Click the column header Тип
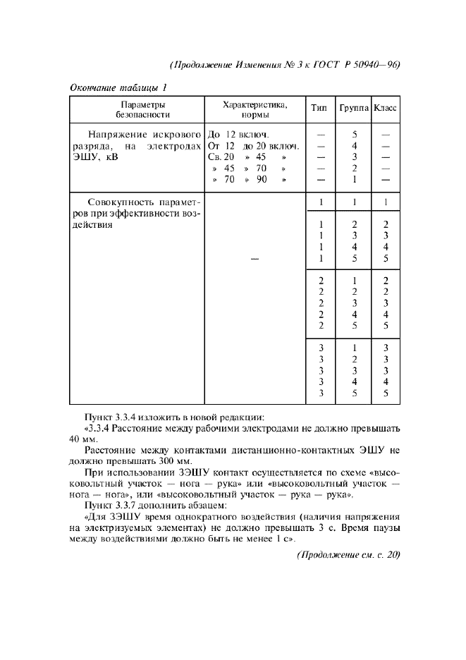point(319,109)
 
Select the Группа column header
point(354,109)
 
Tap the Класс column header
point(385,109)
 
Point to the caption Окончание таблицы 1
point(118,87)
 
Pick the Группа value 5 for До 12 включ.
point(355,134)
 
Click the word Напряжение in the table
point(118,134)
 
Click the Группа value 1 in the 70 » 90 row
point(355,179)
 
